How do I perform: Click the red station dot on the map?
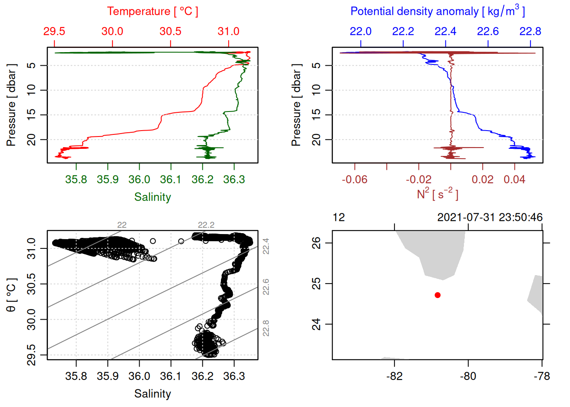pos(437,295)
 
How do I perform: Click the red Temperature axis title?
pos(152,11)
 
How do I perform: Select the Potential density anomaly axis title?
pos(437,11)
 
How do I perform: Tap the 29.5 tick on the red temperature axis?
pos(54,31)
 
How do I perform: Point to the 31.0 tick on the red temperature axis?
pos(229,31)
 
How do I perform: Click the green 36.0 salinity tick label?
pos(139,180)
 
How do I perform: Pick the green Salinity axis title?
pos(152,197)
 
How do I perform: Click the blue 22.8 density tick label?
pos(530,31)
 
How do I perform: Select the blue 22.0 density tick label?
pos(360,31)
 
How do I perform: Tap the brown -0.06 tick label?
pos(355,180)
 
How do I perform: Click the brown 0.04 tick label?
pos(514,180)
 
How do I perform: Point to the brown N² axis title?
pos(437,194)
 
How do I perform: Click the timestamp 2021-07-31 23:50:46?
pos(490,217)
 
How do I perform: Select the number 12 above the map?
pos(339,217)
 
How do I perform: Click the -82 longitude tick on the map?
pos(394,376)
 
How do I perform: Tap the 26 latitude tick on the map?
pos(316,243)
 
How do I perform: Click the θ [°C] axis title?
pos(11,295)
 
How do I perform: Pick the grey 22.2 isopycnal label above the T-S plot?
pos(206,225)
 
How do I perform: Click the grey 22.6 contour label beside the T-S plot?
pos(266,287)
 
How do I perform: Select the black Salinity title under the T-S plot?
pos(152,394)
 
